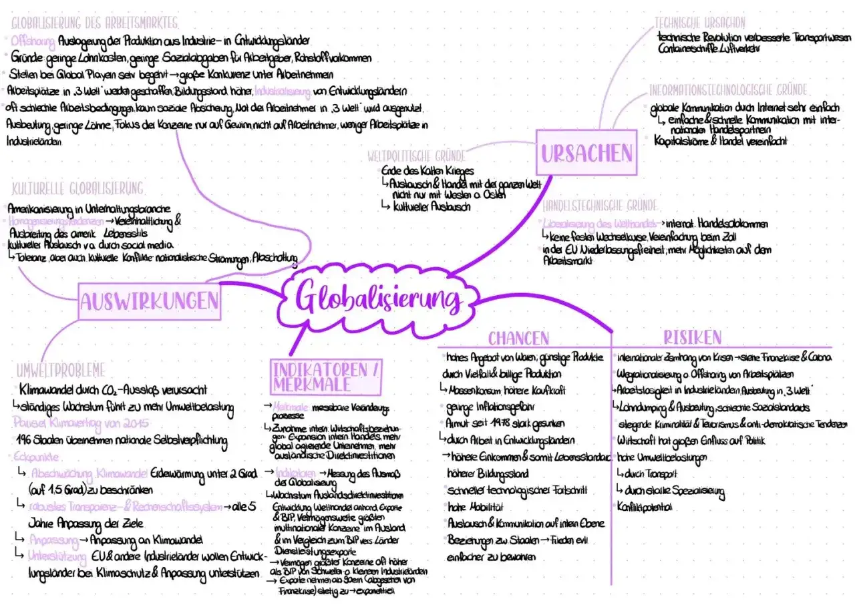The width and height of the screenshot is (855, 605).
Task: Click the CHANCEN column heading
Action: (518, 337)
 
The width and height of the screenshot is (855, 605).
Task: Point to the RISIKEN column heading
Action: (692, 336)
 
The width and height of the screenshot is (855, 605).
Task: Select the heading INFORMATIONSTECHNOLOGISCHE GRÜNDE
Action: (728, 90)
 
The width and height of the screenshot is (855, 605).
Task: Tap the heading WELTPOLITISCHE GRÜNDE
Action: (416, 157)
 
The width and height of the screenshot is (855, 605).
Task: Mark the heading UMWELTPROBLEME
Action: (61, 369)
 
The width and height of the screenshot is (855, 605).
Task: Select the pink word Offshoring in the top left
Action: (33, 41)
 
